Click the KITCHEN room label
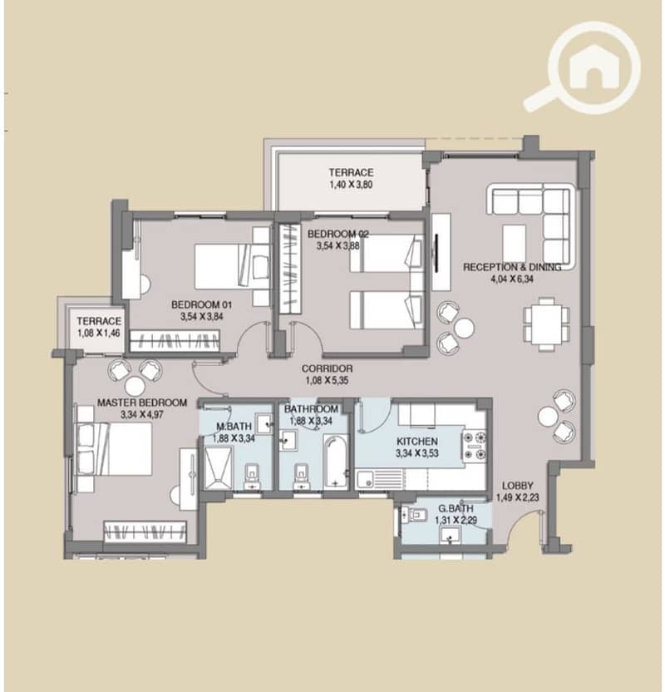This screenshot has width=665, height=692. point(416,442)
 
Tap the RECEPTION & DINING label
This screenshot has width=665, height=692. point(512,267)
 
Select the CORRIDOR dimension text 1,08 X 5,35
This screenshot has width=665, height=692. point(327,380)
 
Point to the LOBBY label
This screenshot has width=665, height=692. point(518,486)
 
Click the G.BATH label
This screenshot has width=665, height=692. point(456,508)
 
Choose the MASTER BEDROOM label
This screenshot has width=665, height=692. point(142,403)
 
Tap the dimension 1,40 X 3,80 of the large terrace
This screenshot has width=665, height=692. point(351,185)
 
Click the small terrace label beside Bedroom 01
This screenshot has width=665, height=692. point(99,321)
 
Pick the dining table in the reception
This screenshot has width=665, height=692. point(546,324)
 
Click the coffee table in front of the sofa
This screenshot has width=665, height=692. point(515,243)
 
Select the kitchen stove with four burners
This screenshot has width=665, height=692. point(475,445)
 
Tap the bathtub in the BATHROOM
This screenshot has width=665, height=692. point(336,461)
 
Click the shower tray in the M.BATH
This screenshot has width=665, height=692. point(217,468)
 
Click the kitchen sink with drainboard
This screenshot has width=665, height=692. point(379,479)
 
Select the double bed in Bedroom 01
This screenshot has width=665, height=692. point(232,266)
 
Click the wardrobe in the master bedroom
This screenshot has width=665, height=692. point(145,531)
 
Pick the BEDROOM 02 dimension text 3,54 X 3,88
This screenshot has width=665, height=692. point(337,246)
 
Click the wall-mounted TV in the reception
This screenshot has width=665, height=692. point(436,253)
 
